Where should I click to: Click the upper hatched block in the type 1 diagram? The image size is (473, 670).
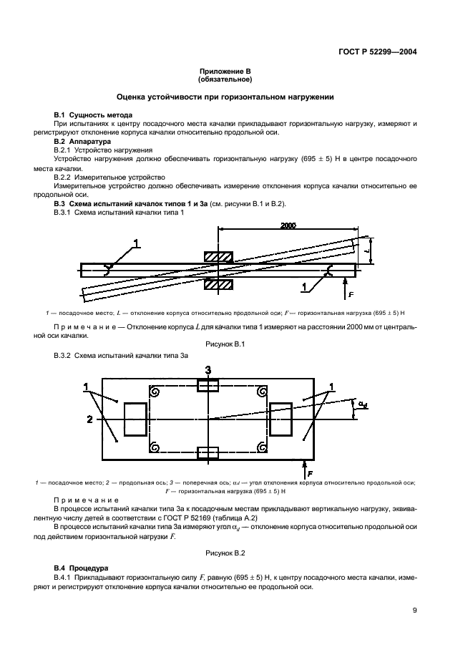(219, 256)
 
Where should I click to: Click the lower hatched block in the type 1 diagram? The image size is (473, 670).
(219, 284)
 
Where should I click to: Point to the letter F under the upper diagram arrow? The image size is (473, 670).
(351, 293)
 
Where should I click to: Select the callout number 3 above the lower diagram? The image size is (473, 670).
(208, 370)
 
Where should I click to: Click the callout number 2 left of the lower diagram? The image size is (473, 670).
(89, 419)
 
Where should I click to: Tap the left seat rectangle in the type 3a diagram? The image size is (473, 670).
(135, 419)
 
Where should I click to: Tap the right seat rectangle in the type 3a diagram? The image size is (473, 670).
(281, 418)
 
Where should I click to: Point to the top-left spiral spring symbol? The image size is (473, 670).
(153, 391)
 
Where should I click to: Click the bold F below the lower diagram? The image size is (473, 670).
(310, 473)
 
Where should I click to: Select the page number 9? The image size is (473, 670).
(415, 611)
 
